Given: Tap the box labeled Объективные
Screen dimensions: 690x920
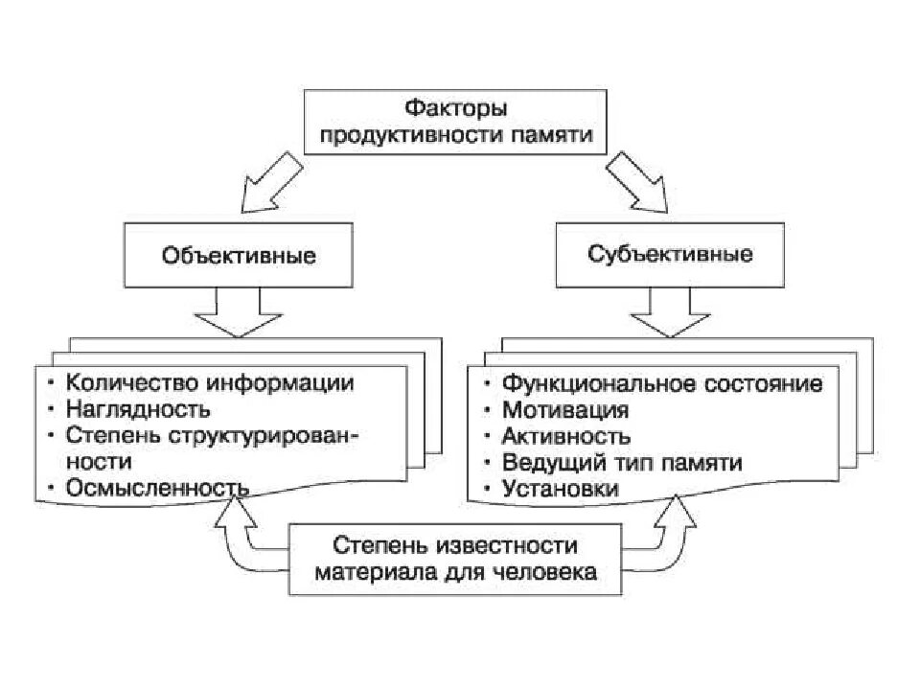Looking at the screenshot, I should [x=239, y=256].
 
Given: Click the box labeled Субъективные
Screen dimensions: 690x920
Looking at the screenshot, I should [x=670, y=255].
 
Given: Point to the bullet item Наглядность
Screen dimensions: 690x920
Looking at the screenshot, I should [x=138, y=409].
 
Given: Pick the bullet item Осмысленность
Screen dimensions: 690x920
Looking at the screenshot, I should [x=158, y=488].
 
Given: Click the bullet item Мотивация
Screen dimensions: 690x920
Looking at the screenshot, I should [x=565, y=410].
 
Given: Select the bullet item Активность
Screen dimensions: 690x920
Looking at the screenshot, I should [x=566, y=436].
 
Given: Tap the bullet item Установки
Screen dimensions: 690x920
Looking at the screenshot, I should [x=561, y=489].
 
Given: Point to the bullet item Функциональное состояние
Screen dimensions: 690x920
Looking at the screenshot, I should [x=662, y=383].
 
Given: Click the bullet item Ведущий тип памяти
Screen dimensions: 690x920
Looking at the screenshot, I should [x=622, y=463].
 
